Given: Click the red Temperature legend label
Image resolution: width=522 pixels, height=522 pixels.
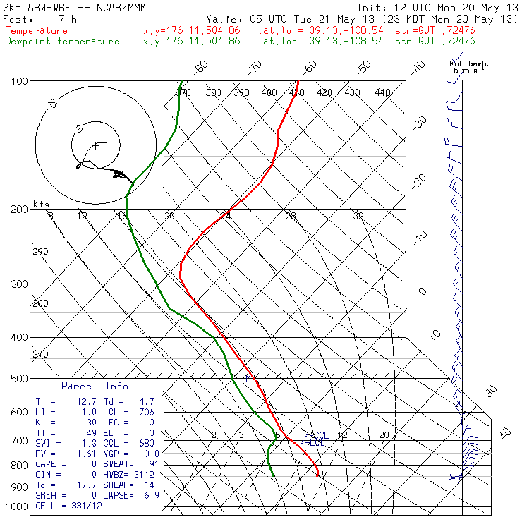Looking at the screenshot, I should click(x=37, y=31).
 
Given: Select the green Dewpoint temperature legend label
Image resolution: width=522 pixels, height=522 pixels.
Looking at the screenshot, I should click(x=62, y=42).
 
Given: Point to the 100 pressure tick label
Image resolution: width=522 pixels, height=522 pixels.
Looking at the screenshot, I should click(x=20, y=82).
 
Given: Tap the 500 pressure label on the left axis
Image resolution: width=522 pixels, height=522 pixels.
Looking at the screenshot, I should click(x=20, y=379).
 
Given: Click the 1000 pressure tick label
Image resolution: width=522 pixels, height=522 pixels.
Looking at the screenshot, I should click(x=17, y=507).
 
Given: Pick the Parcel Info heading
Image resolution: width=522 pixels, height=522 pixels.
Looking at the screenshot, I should click(x=95, y=387).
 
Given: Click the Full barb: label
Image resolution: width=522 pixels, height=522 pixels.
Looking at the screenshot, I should click(x=469, y=63).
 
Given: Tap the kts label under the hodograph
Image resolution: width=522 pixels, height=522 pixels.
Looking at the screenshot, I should click(x=42, y=205).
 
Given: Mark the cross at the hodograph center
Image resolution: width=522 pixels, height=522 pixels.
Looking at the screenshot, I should click(x=95, y=145).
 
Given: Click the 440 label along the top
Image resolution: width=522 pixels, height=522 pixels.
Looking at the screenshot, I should click(x=382, y=92).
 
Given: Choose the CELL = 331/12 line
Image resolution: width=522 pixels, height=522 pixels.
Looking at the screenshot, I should click(x=68, y=506).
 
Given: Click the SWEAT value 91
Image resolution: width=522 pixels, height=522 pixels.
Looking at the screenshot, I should click(x=154, y=463).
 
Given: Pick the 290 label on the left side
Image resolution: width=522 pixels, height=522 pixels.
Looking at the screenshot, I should click(x=40, y=252).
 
